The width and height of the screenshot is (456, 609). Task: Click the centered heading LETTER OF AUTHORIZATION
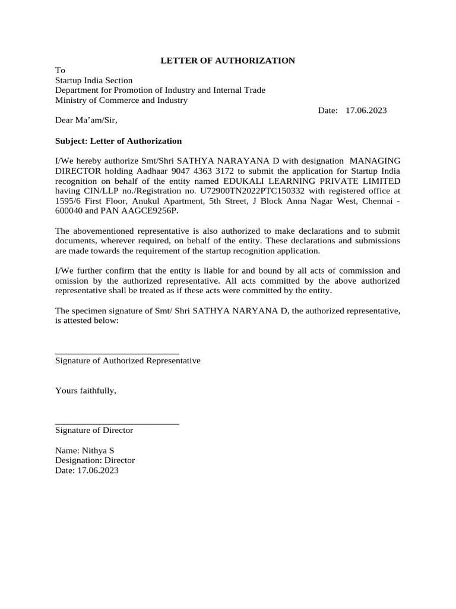pyautogui.click(x=229, y=60)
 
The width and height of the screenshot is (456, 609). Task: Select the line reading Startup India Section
pyautogui.click(x=94, y=80)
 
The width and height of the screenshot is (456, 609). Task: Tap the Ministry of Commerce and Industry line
pyautogui.click(x=121, y=101)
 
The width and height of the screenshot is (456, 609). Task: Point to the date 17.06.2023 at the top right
pyautogui.click(x=366, y=111)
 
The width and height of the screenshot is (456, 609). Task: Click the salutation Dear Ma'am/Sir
pyautogui.click(x=86, y=121)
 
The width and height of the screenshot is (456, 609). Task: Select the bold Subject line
pyautogui.click(x=118, y=141)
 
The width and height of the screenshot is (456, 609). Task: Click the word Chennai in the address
pyautogui.click(x=375, y=202)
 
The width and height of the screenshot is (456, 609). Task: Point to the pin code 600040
pyautogui.click(x=69, y=211)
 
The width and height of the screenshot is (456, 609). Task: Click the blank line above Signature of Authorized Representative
pyautogui.click(x=117, y=353)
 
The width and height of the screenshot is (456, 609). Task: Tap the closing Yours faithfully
pyautogui.click(x=85, y=391)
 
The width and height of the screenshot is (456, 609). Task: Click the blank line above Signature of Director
pyautogui.click(x=117, y=423)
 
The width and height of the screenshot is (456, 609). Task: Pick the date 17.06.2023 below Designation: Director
pyautogui.click(x=97, y=470)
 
